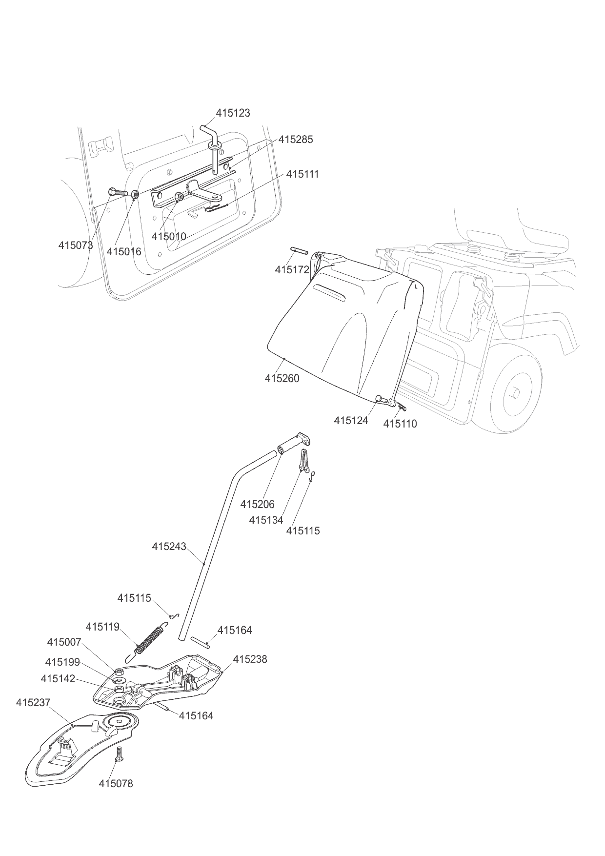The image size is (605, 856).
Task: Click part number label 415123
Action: click(233, 113)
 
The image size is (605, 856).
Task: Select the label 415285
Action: click(295, 139)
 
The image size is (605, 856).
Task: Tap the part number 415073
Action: click(76, 245)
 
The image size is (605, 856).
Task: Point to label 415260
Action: click(282, 378)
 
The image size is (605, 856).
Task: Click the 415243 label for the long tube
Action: click(169, 546)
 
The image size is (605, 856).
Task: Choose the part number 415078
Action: click(116, 783)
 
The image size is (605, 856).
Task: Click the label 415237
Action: click(33, 702)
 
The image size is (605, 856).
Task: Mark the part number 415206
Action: click(257, 504)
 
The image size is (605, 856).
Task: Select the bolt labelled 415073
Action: click(117, 193)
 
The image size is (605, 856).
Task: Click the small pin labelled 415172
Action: click(300, 251)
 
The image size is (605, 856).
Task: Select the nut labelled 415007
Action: click(119, 671)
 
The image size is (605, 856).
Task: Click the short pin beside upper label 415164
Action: click(200, 642)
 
